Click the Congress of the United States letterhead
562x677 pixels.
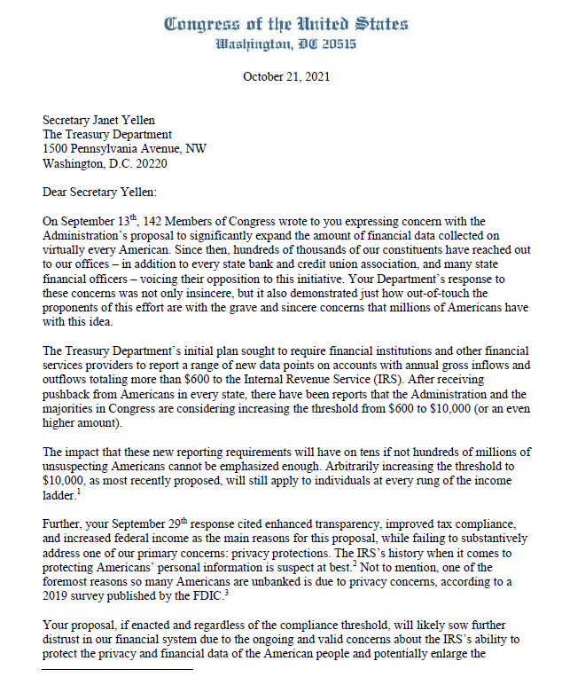pos(285,25)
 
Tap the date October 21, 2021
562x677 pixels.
pos(285,76)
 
